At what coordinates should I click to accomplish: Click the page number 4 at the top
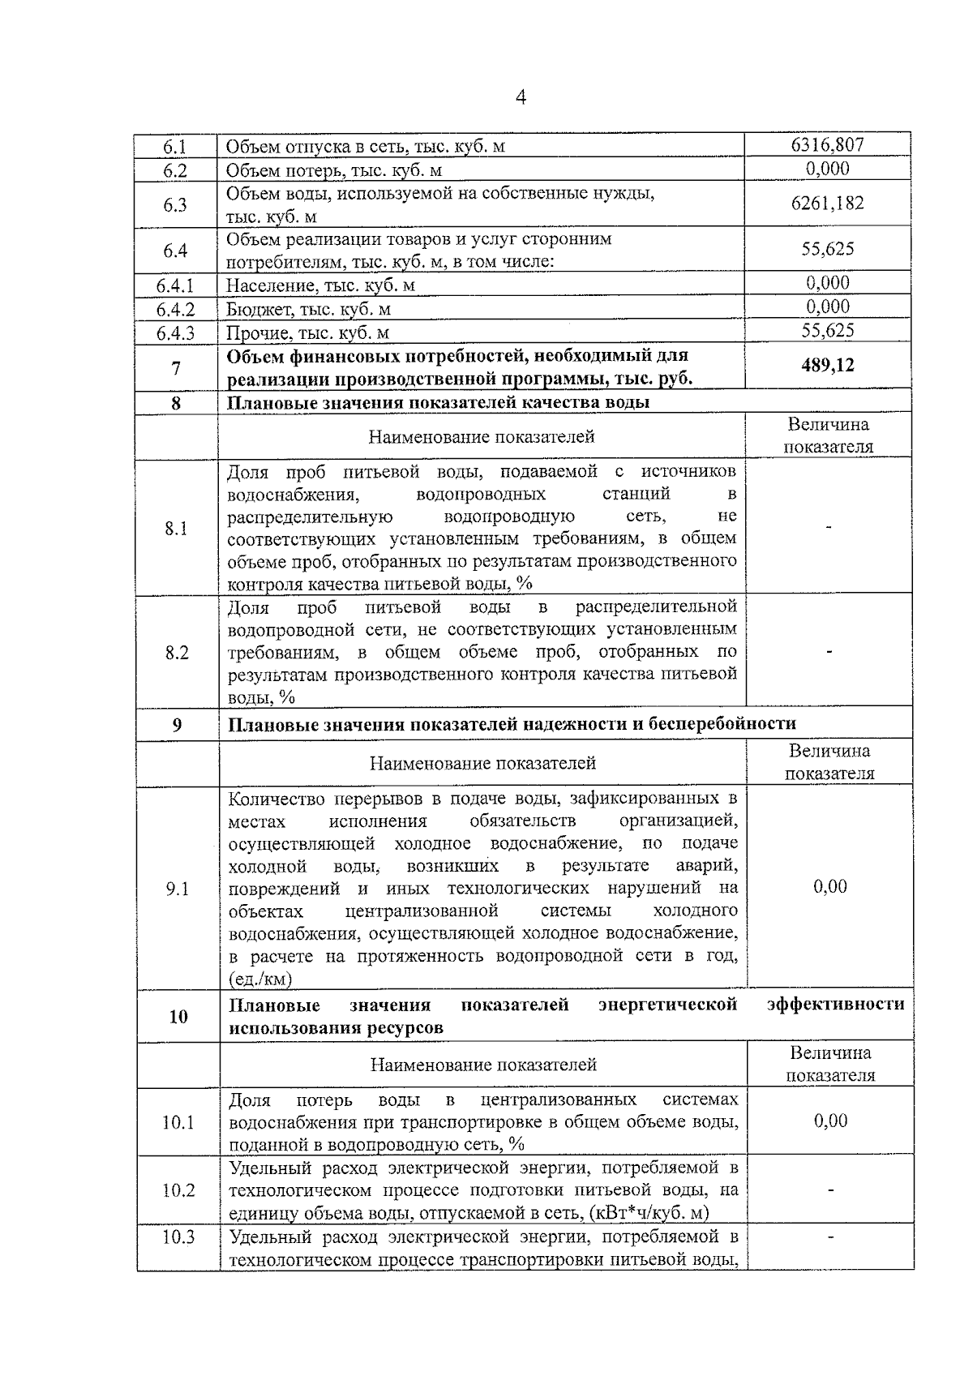coord(521,98)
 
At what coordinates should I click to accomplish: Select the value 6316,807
coord(827,145)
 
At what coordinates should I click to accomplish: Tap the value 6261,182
coord(827,203)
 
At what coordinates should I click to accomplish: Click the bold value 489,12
coord(828,366)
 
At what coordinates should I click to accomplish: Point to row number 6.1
coord(175,147)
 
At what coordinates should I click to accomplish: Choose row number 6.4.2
coord(176,310)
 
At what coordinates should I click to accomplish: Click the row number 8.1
coord(176,529)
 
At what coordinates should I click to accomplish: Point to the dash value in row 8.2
coord(829,651)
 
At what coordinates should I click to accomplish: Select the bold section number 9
coord(177,724)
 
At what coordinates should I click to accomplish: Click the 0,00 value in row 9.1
coord(829,886)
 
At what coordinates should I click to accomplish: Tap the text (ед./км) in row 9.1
coord(260,979)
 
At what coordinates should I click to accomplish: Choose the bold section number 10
coord(178,1017)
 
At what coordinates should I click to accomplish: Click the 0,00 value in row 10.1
coord(830,1121)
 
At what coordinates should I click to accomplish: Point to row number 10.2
coord(178,1190)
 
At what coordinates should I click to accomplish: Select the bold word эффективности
coord(835,1005)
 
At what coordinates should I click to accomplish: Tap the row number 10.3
coord(178,1237)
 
